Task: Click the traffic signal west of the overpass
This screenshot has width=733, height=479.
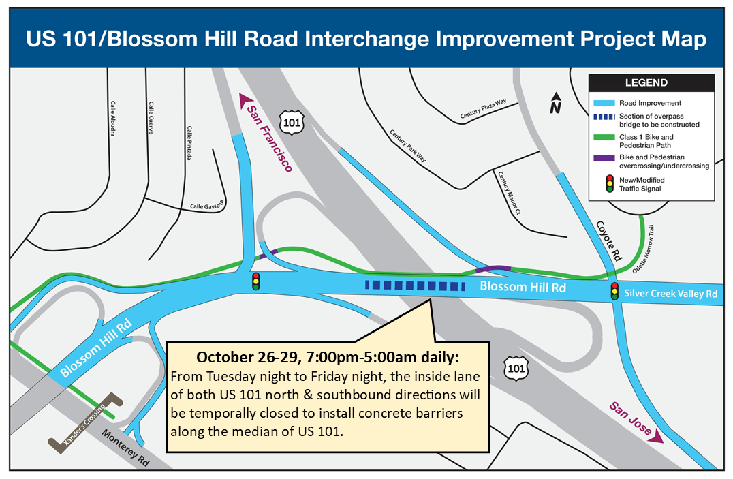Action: click(255, 281)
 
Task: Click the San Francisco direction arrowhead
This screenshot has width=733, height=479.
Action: click(245, 100)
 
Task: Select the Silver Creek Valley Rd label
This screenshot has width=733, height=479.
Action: click(671, 294)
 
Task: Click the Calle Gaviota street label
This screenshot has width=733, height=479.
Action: click(207, 205)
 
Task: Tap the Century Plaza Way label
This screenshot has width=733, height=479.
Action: click(484, 110)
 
